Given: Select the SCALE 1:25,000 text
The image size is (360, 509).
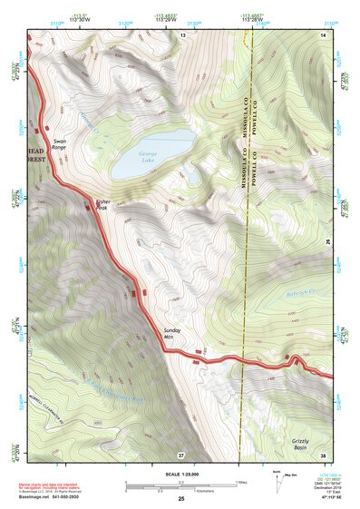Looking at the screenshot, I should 180,473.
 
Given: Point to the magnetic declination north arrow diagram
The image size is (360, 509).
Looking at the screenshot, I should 277,480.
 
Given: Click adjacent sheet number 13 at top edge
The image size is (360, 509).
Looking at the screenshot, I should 181,34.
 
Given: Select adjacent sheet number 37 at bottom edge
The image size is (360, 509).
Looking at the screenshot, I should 181,454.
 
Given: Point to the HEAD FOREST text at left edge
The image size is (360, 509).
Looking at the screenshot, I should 34,155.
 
